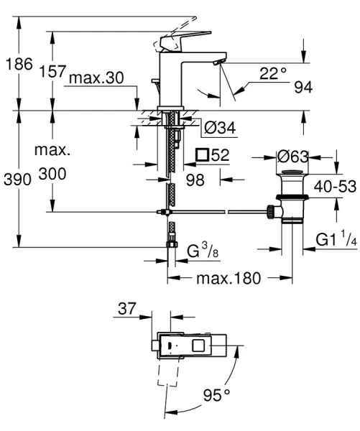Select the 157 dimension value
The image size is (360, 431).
pyautogui.click(x=52, y=72)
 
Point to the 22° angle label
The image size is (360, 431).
pyautogui.click(x=273, y=73)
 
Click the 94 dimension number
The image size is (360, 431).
pyautogui.click(x=303, y=88)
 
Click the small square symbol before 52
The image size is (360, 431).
pyautogui.click(x=202, y=154)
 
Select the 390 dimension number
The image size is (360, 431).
pyautogui.click(x=18, y=180)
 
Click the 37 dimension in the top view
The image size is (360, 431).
pyautogui.click(x=126, y=310)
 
